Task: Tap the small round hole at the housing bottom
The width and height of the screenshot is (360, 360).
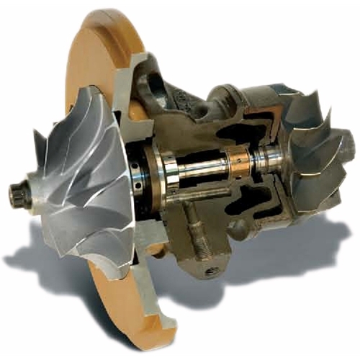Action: (x=210, y=271)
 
